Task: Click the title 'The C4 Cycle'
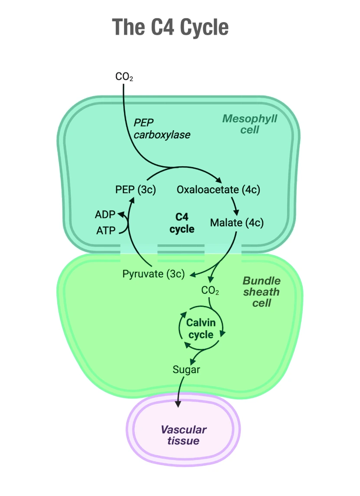point(170,27)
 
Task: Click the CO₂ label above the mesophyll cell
point(124,77)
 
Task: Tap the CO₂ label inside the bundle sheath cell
point(210,290)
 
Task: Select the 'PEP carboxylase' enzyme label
point(162,128)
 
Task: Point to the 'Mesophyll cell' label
point(249,124)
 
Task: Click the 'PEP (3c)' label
point(136,190)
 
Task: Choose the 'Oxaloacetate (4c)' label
point(218,190)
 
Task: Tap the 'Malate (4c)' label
point(237,223)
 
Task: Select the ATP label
point(106,231)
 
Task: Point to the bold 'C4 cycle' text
point(182,223)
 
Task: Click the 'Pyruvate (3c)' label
point(154,274)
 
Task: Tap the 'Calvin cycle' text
point(201,328)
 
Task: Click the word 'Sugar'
point(187,370)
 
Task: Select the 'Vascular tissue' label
point(183,435)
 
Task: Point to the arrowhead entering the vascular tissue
point(177,404)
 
